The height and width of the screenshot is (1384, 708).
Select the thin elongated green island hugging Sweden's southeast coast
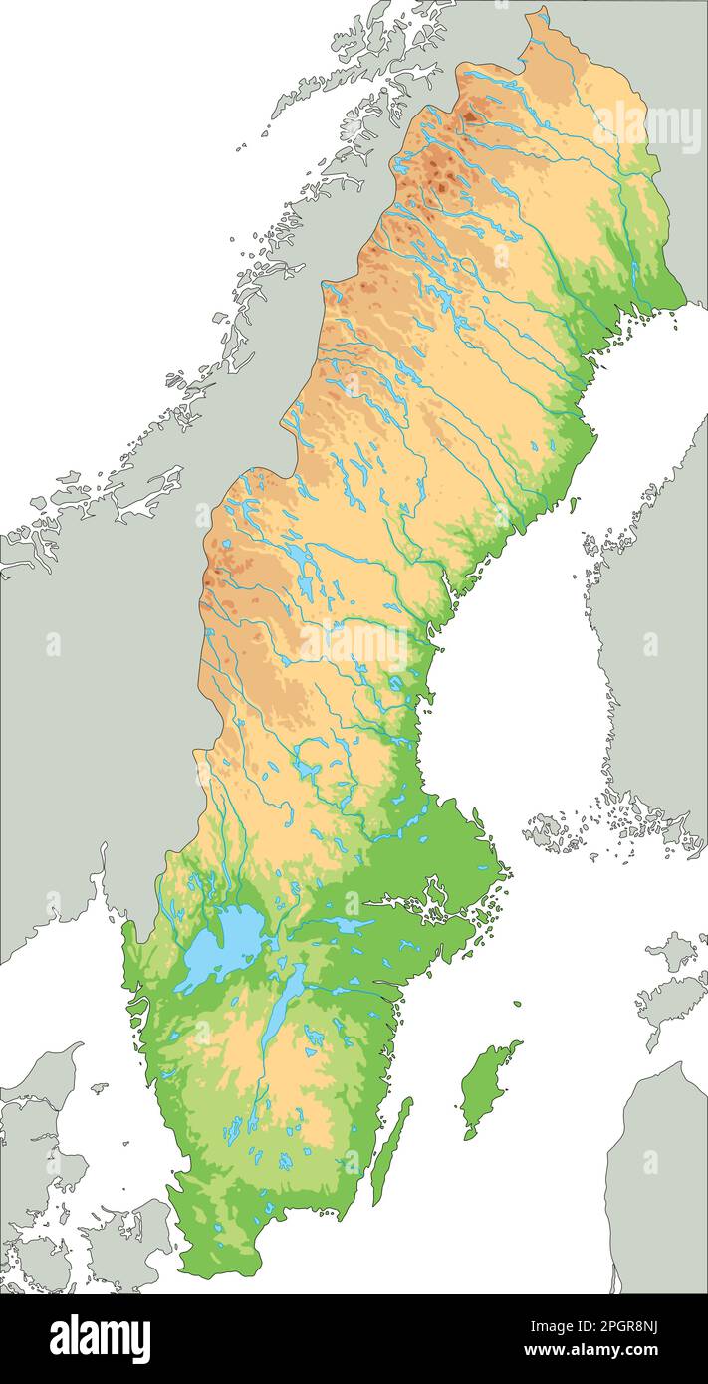click(x=390, y=1150)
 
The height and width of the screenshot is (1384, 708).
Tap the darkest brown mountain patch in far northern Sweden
click(x=468, y=115)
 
